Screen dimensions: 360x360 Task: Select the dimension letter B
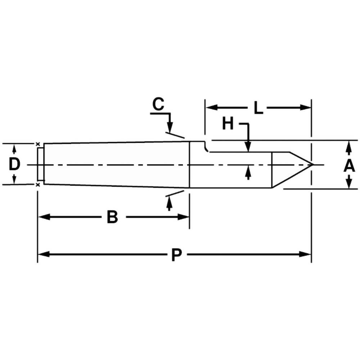coord(112,217)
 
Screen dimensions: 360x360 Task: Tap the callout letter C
coord(158,104)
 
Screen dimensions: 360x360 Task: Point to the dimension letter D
coord(14,165)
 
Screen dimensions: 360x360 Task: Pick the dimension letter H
coord(228,124)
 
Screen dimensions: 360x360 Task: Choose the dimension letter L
coord(258,108)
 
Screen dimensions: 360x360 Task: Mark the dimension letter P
coord(176,255)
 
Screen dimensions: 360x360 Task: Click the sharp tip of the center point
coord(313,165)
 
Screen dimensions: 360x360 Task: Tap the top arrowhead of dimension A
coord(348,145)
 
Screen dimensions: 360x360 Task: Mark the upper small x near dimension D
coord(38,144)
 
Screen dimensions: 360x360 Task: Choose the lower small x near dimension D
coord(38,185)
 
